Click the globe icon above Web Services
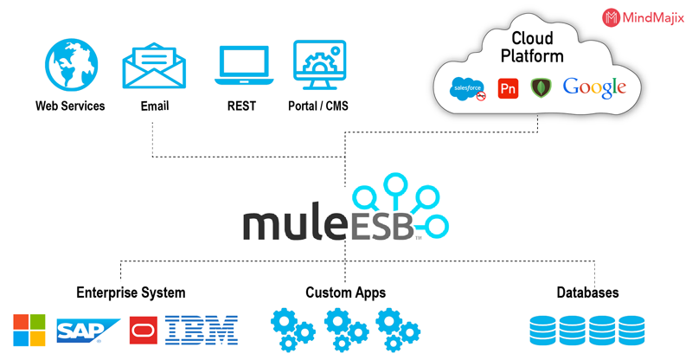[x=72, y=65]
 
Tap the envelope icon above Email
[x=154, y=66]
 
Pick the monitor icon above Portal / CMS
[x=319, y=65]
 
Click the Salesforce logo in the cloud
[x=467, y=89]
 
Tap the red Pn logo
[x=508, y=88]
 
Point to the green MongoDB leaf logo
[x=541, y=88]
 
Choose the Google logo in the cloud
[x=594, y=87]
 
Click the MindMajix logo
[x=643, y=17]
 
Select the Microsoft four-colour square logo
[x=29, y=330]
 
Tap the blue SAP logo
[x=88, y=331]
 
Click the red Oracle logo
[x=144, y=330]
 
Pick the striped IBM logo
[x=202, y=330]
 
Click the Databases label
[x=587, y=292]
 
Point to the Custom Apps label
[x=345, y=292]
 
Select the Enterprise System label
[x=131, y=292]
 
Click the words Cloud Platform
[x=532, y=48]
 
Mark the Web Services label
[x=70, y=106]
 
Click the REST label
[x=241, y=106]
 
